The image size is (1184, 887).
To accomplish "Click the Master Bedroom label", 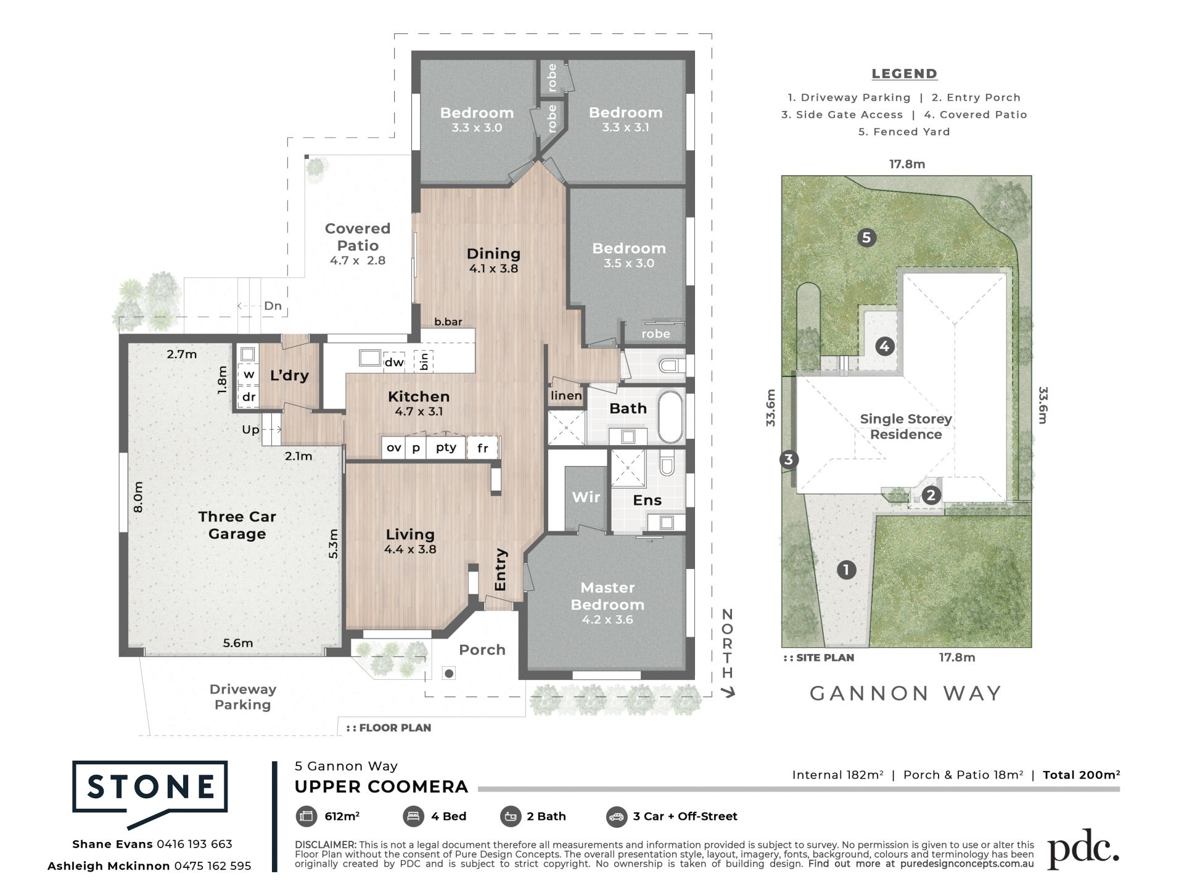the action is click(x=607, y=596).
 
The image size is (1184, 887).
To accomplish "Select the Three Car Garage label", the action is click(x=237, y=525).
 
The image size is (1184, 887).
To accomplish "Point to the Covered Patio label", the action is click(x=358, y=237).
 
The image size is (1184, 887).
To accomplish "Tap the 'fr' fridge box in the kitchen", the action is click(x=482, y=448).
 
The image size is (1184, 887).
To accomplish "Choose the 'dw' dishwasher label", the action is click(x=394, y=362).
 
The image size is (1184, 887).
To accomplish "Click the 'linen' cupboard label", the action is click(x=566, y=396).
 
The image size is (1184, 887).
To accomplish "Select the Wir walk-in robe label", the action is click(x=586, y=497).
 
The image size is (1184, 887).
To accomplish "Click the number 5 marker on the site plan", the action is click(x=866, y=237).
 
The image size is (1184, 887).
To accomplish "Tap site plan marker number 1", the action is click(x=846, y=570).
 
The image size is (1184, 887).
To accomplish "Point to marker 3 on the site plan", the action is click(x=789, y=459).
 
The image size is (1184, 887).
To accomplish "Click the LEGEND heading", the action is click(x=904, y=74).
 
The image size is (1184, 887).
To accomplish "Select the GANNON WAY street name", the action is click(x=905, y=693).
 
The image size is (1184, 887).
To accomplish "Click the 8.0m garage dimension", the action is click(x=138, y=497).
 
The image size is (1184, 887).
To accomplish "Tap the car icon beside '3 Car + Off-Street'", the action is click(x=616, y=817).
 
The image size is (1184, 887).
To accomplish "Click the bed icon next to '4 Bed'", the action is click(x=413, y=817).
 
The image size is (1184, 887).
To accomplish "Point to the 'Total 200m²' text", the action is click(x=1081, y=775).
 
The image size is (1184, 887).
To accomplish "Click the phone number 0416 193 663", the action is click(x=194, y=844).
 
